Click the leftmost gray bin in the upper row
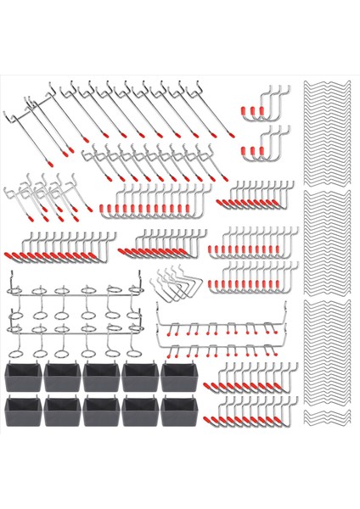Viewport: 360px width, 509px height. pyautogui.click(x=24, y=377)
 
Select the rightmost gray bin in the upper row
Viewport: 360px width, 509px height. pyautogui.click(x=178, y=377)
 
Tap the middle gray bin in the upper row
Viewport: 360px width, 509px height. pyautogui.click(x=101, y=377)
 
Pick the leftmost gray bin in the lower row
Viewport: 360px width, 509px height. pyautogui.click(x=24, y=413)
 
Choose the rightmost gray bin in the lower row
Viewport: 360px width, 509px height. pyautogui.click(x=178, y=413)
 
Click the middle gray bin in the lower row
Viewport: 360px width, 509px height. pyautogui.click(x=101, y=413)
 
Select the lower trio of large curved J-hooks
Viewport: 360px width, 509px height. pyautogui.click(x=270, y=144)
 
